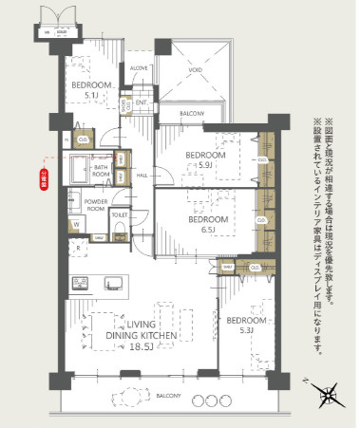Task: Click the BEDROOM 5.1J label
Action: click(89, 89)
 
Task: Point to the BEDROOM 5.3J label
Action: click(243, 326)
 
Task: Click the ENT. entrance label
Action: click(141, 102)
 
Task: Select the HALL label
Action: click(141, 176)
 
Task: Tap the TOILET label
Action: click(119, 214)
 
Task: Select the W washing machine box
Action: click(74, 226)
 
